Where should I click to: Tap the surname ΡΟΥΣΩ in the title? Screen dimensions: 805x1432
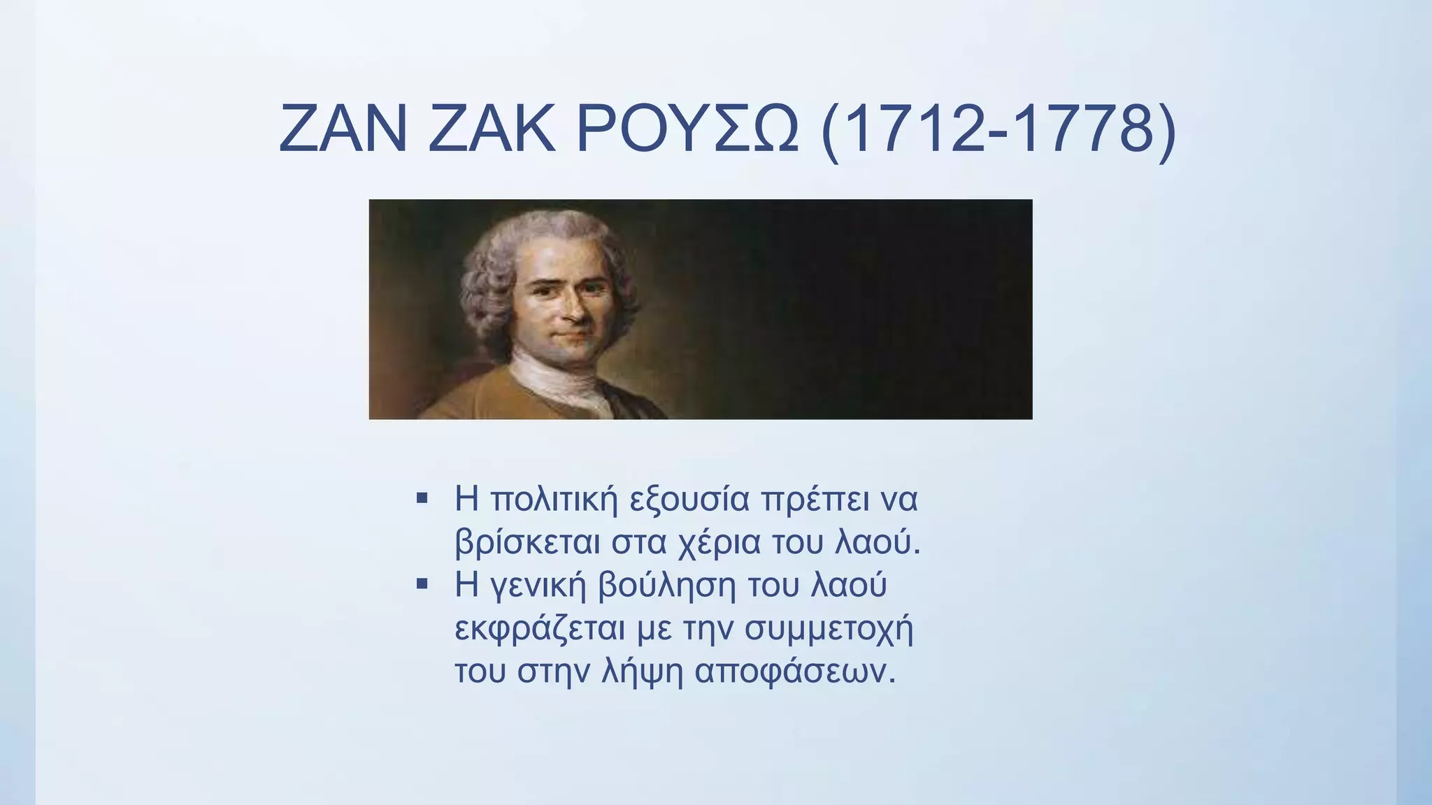pyautogui.click(x=687, y=129)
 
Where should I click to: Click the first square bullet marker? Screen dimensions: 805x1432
pyautogui.click(x=422, y=498)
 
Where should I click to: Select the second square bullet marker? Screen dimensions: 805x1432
pyautogui.click(x=422, y=583)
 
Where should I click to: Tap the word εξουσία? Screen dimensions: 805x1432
pyautogui.click(x=689, y=500)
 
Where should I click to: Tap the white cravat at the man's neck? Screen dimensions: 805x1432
pyautogui.click(x=559, y=378)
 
